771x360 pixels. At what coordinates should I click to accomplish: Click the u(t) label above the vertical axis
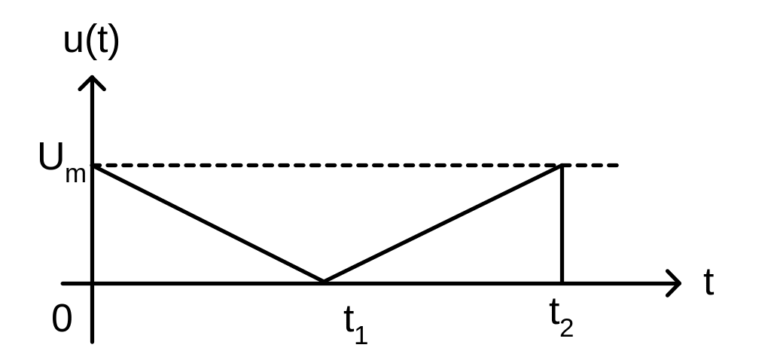[91, 42]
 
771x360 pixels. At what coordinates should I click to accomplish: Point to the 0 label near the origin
[62, 319]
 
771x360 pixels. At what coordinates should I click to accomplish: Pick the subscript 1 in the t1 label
[361, 334]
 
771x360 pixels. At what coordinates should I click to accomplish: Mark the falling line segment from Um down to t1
[207, 224]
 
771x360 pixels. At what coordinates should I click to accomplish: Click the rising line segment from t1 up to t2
[443, 224]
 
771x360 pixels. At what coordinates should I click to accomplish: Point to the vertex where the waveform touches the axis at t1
[323, 282]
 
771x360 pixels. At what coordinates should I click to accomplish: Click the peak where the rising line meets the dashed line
[562, 166]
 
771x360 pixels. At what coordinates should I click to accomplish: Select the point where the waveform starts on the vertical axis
[92, 166]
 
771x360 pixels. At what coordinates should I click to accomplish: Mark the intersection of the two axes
[92, 283]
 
